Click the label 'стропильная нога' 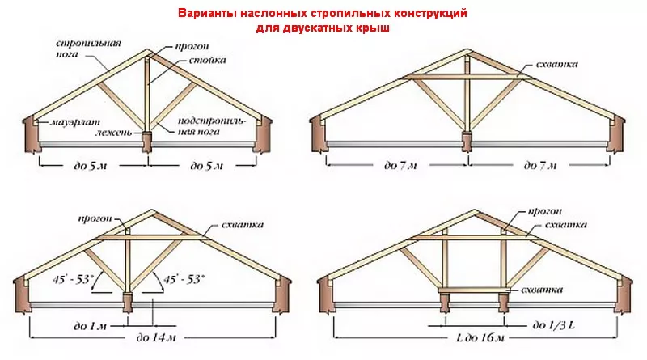pos(88,49)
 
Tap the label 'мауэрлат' pos(74,123)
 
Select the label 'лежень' pos(114,133)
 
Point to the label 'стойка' pos(208,61)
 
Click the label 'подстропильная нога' pos(212,126)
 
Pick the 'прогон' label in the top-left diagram pos(192,47)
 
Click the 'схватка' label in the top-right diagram pos(556,65)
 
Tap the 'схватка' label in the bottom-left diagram pos(242,225)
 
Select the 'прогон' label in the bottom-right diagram pos(544,211)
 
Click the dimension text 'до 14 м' pos(155,337)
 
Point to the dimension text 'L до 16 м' pos(480,337)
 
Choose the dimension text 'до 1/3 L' pos(553,325)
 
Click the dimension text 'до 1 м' pos(90,326)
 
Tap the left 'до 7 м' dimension pos(400,166)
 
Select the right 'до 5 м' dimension pos(206,166)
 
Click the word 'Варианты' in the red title pos(207,13)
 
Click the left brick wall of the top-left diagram pos(31,135)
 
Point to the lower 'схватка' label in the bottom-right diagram pos(542,290)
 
